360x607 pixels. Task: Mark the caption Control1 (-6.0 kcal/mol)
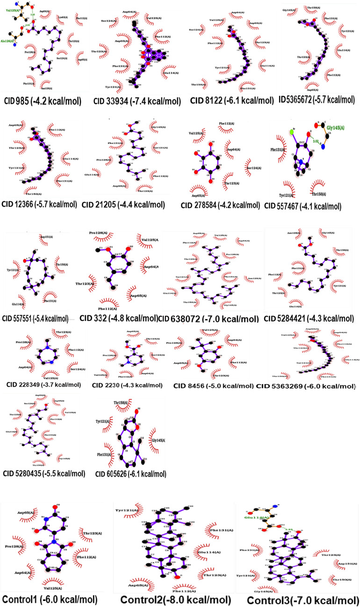coord(50,599)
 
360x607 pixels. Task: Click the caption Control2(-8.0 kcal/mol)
coord(175,600)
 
